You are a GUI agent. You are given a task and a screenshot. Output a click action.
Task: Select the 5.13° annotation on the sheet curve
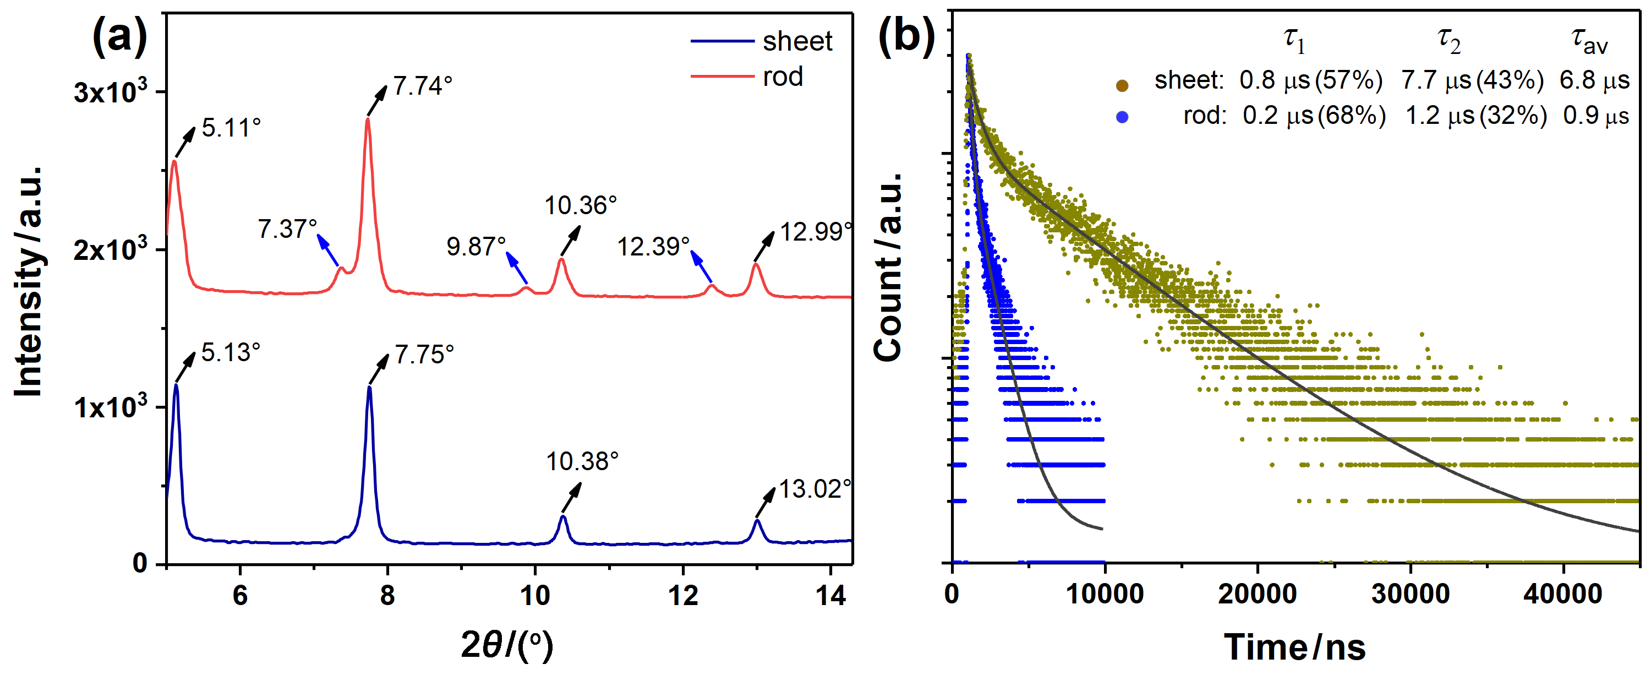tap(231, 352)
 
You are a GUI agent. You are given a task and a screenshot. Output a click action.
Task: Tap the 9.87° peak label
tap(476, 246)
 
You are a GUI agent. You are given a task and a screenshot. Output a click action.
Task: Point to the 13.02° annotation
tap(814, 489)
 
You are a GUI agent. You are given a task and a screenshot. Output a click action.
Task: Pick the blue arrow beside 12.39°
tap(701, 266)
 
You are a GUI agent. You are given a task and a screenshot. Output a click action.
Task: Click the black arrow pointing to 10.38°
tap(572, 497)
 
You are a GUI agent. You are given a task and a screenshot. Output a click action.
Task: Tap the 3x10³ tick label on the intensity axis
tap(110, 91)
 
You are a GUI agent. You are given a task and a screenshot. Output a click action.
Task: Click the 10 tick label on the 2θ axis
tap(534, 596)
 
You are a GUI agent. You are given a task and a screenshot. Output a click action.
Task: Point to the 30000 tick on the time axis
tap(1410, 594)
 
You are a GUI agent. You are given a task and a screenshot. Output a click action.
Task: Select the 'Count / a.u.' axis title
tap(888, 266)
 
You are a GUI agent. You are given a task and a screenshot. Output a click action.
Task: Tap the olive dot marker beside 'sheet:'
tap(1122, 85)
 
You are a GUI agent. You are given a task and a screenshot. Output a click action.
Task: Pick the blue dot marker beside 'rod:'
tap(1122, 117)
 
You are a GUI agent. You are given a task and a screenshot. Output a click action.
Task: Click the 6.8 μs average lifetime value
tap(1594, 81)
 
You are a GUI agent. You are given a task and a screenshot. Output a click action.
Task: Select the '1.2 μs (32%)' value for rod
tap(1476, 116)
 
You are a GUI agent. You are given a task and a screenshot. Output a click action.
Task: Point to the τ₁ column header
tap(1294, 40)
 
